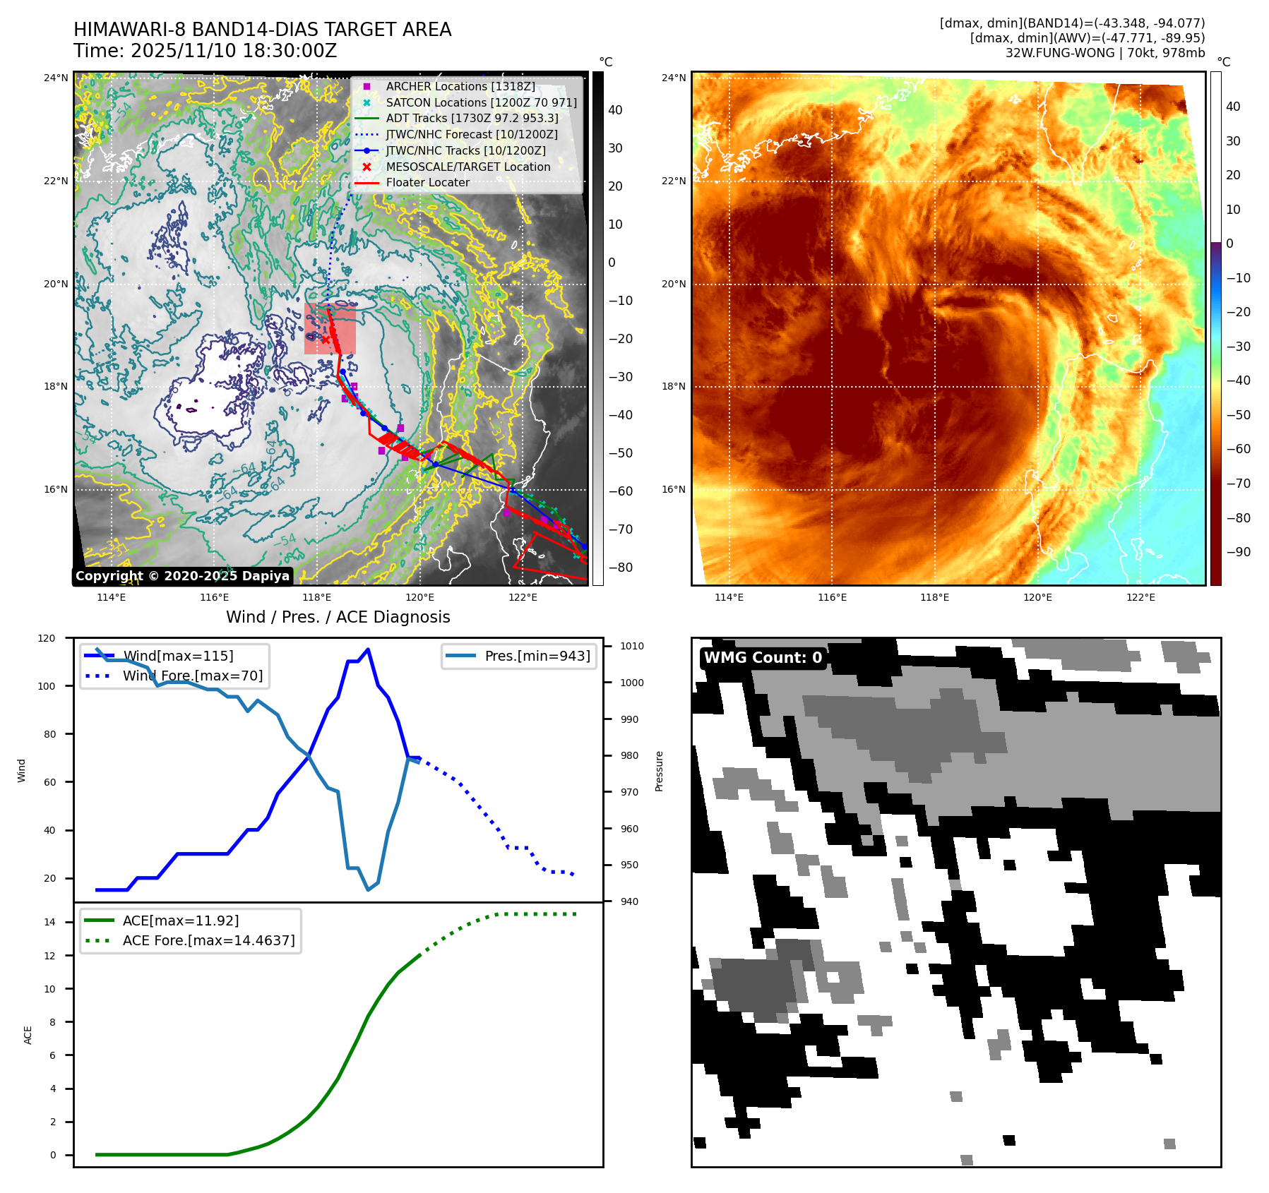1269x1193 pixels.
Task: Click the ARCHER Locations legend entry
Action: pyautogui.click(x=460, y=86)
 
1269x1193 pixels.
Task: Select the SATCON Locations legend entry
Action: pyautogui.click(x=481, y=102)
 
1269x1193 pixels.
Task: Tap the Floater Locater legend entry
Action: pyautogui.click(x=427, y=182)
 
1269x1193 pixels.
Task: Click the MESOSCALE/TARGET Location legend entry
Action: pyautogui.click(x=467, y=167)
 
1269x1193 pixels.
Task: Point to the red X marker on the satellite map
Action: pyautogui.click(x=326, y=340)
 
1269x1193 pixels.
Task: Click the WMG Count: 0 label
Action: pyautogui.click(x=763, y=658)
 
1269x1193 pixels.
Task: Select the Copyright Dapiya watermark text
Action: pyautogui.click(x=182, y=576)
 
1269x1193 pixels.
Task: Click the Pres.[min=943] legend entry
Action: pyautogui.click(x=537, y=656)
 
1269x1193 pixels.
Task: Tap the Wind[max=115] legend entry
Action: pyautogui.click(x=177, y=656)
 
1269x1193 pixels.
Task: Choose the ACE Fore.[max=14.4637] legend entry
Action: pyautogui.click(x=208, y=940)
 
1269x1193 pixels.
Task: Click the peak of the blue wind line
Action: pyautogui.click(x=368, y=649)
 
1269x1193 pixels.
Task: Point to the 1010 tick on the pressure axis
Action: pyautogui.click(x=632, y=646)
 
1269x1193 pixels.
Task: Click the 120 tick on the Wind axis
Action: pyautogui.click(x=47, y=638)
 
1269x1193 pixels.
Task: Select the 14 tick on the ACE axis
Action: pyautogui.click(x=50, y=922)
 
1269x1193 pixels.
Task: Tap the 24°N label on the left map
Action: pyautogui.click(x=56, y=78)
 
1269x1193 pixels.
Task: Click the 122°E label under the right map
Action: pyautogui.click(x=1140, y=597)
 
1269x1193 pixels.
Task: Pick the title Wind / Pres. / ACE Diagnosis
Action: pyautogui.click(x=338, y=617)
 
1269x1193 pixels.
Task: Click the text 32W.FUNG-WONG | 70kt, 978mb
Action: pyautogui.click(x=1105, y=53)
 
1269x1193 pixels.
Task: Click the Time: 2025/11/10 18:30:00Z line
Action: pyautogui.click(x=205, y=51)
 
